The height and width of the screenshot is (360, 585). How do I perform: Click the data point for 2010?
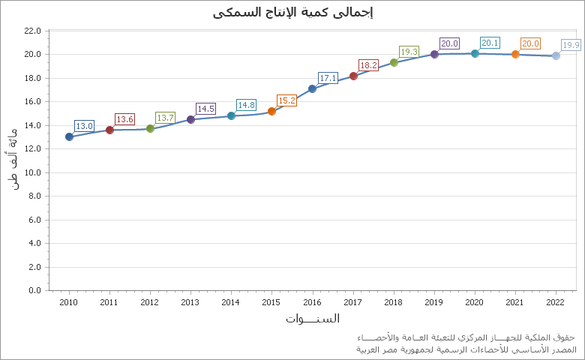69,136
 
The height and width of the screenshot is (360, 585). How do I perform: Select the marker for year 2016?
312,88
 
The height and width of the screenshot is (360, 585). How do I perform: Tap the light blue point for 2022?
556,55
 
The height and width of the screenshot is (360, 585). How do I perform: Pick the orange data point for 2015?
271,111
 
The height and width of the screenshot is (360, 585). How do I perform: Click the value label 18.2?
368,65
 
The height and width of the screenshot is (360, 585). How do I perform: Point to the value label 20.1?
490,43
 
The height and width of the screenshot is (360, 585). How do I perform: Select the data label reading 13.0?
84,126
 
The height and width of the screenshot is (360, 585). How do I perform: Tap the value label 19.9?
571,45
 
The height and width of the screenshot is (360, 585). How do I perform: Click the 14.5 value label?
205,109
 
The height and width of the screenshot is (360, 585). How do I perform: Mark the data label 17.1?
328,78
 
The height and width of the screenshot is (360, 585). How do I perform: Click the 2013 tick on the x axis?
190,301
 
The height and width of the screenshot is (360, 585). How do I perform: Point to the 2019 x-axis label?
434,301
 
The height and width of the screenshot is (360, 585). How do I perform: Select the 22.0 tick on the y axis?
32,31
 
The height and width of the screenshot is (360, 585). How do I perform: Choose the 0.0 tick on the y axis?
32,290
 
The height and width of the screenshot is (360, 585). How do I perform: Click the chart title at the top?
292,12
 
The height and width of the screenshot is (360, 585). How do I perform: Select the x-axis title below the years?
312,319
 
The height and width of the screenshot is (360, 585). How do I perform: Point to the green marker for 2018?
394,62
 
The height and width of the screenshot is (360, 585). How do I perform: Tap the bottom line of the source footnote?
465,349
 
